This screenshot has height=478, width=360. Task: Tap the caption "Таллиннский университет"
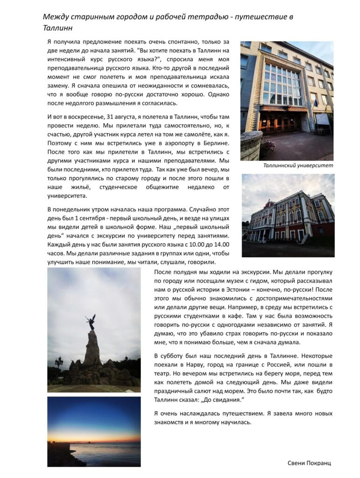coord(298,166)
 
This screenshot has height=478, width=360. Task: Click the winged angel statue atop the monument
coord(91,322)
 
